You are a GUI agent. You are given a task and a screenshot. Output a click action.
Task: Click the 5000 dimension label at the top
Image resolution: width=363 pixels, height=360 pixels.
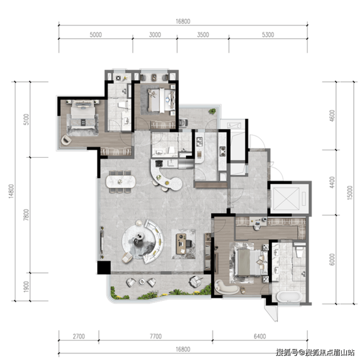96,35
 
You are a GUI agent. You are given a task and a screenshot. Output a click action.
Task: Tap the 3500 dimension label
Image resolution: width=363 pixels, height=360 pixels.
203,35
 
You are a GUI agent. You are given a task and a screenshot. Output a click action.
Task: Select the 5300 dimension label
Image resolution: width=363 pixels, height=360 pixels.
268,35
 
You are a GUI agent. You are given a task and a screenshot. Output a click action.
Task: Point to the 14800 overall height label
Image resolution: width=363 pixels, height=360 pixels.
11,191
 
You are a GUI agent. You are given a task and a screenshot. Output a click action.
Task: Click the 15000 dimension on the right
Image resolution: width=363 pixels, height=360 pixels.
350,193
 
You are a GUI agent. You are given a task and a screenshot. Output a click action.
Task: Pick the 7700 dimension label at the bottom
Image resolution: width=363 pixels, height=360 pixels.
156,336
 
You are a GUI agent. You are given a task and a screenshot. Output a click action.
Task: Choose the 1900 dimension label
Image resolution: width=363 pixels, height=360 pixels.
26,286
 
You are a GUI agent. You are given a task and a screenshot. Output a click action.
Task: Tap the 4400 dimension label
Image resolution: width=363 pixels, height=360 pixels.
332,182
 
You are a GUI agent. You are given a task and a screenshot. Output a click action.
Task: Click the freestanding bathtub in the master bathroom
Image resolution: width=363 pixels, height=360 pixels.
289,297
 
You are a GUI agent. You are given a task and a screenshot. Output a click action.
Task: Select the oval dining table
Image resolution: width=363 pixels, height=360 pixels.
121,182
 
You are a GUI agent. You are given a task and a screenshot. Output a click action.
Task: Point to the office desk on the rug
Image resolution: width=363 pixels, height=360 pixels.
181,244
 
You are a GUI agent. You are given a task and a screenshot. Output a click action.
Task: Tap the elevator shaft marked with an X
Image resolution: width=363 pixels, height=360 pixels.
286,198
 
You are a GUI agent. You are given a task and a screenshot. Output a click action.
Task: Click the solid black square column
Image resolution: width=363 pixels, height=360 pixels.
104,268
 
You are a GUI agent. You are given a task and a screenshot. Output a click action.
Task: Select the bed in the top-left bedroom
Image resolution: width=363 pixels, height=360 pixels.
83,115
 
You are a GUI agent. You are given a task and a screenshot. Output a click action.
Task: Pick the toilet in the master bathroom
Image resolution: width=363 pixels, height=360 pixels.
299,251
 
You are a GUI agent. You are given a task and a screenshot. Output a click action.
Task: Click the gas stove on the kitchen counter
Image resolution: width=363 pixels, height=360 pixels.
223,151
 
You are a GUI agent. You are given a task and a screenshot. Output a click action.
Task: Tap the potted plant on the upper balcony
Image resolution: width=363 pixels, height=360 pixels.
212,111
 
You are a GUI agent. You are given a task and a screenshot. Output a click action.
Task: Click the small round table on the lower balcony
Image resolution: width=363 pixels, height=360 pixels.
142,281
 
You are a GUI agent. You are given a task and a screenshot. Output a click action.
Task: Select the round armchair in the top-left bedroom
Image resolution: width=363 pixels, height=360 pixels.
66,140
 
